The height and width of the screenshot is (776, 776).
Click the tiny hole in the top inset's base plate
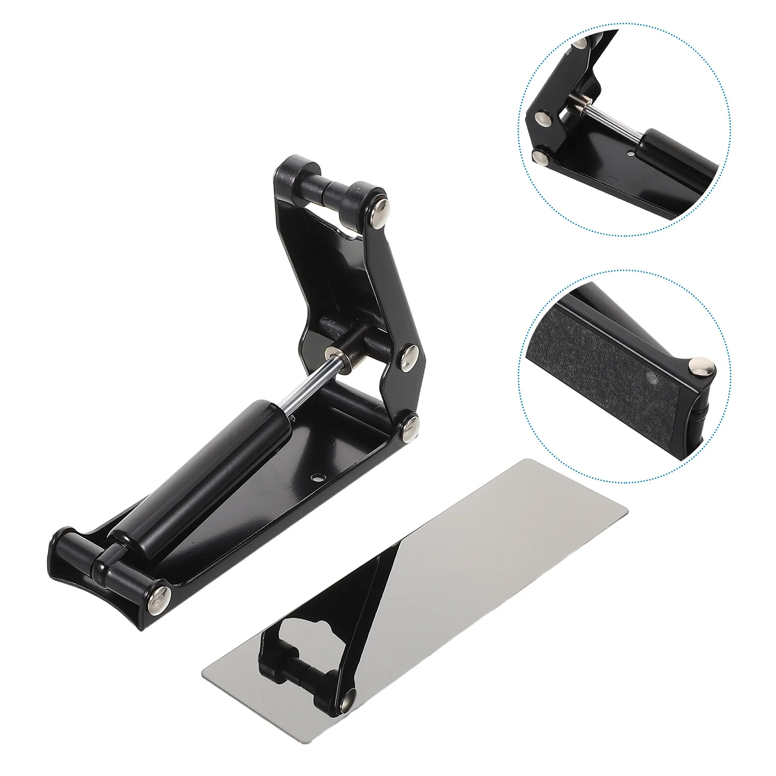click(x=630, y=153)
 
